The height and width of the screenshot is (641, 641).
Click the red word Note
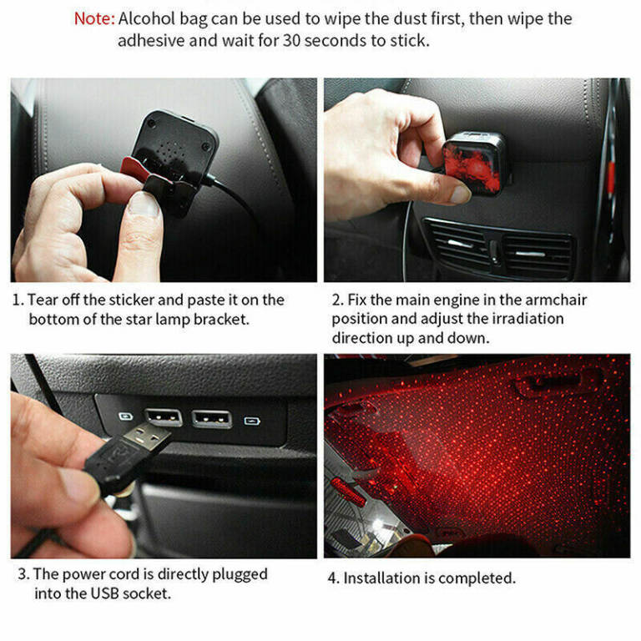coord(94,19)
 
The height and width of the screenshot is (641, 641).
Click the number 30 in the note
coord(292,40)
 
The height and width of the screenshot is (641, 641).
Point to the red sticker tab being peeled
coord(134,169)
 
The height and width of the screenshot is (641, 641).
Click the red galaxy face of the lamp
coord(472,166)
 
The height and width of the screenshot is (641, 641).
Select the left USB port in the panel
coord(163,417)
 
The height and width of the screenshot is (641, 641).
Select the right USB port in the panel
coord(212,419)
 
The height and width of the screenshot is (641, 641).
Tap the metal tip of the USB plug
coord(147,437)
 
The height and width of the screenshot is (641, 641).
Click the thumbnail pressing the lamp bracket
coord(143,204)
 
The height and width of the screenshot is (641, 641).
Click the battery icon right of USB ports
coord(252,421)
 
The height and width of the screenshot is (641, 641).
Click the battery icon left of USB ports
coord(125,416)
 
